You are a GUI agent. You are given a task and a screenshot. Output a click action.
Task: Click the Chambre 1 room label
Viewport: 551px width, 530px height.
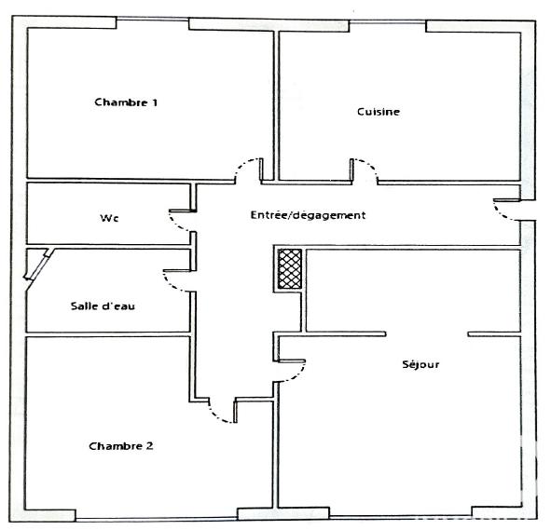pos(125,102)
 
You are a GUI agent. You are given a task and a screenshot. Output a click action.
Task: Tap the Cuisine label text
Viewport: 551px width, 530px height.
pos(379,112)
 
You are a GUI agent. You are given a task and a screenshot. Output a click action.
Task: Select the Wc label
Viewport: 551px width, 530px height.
pos(110,219)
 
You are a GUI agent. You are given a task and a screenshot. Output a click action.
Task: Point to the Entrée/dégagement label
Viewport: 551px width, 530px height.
pos(308,215)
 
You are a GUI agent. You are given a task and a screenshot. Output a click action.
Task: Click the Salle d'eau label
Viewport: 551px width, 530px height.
pos(103,306)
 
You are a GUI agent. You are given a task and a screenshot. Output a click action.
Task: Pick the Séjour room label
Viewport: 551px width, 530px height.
pos(420,364)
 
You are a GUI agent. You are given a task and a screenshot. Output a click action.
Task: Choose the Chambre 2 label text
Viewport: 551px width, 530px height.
pos(121,446)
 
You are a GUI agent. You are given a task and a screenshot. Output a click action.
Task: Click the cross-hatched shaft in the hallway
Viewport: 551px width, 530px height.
pos(289,268)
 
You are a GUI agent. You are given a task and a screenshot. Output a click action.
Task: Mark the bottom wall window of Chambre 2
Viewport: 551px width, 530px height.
pos(156,515)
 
